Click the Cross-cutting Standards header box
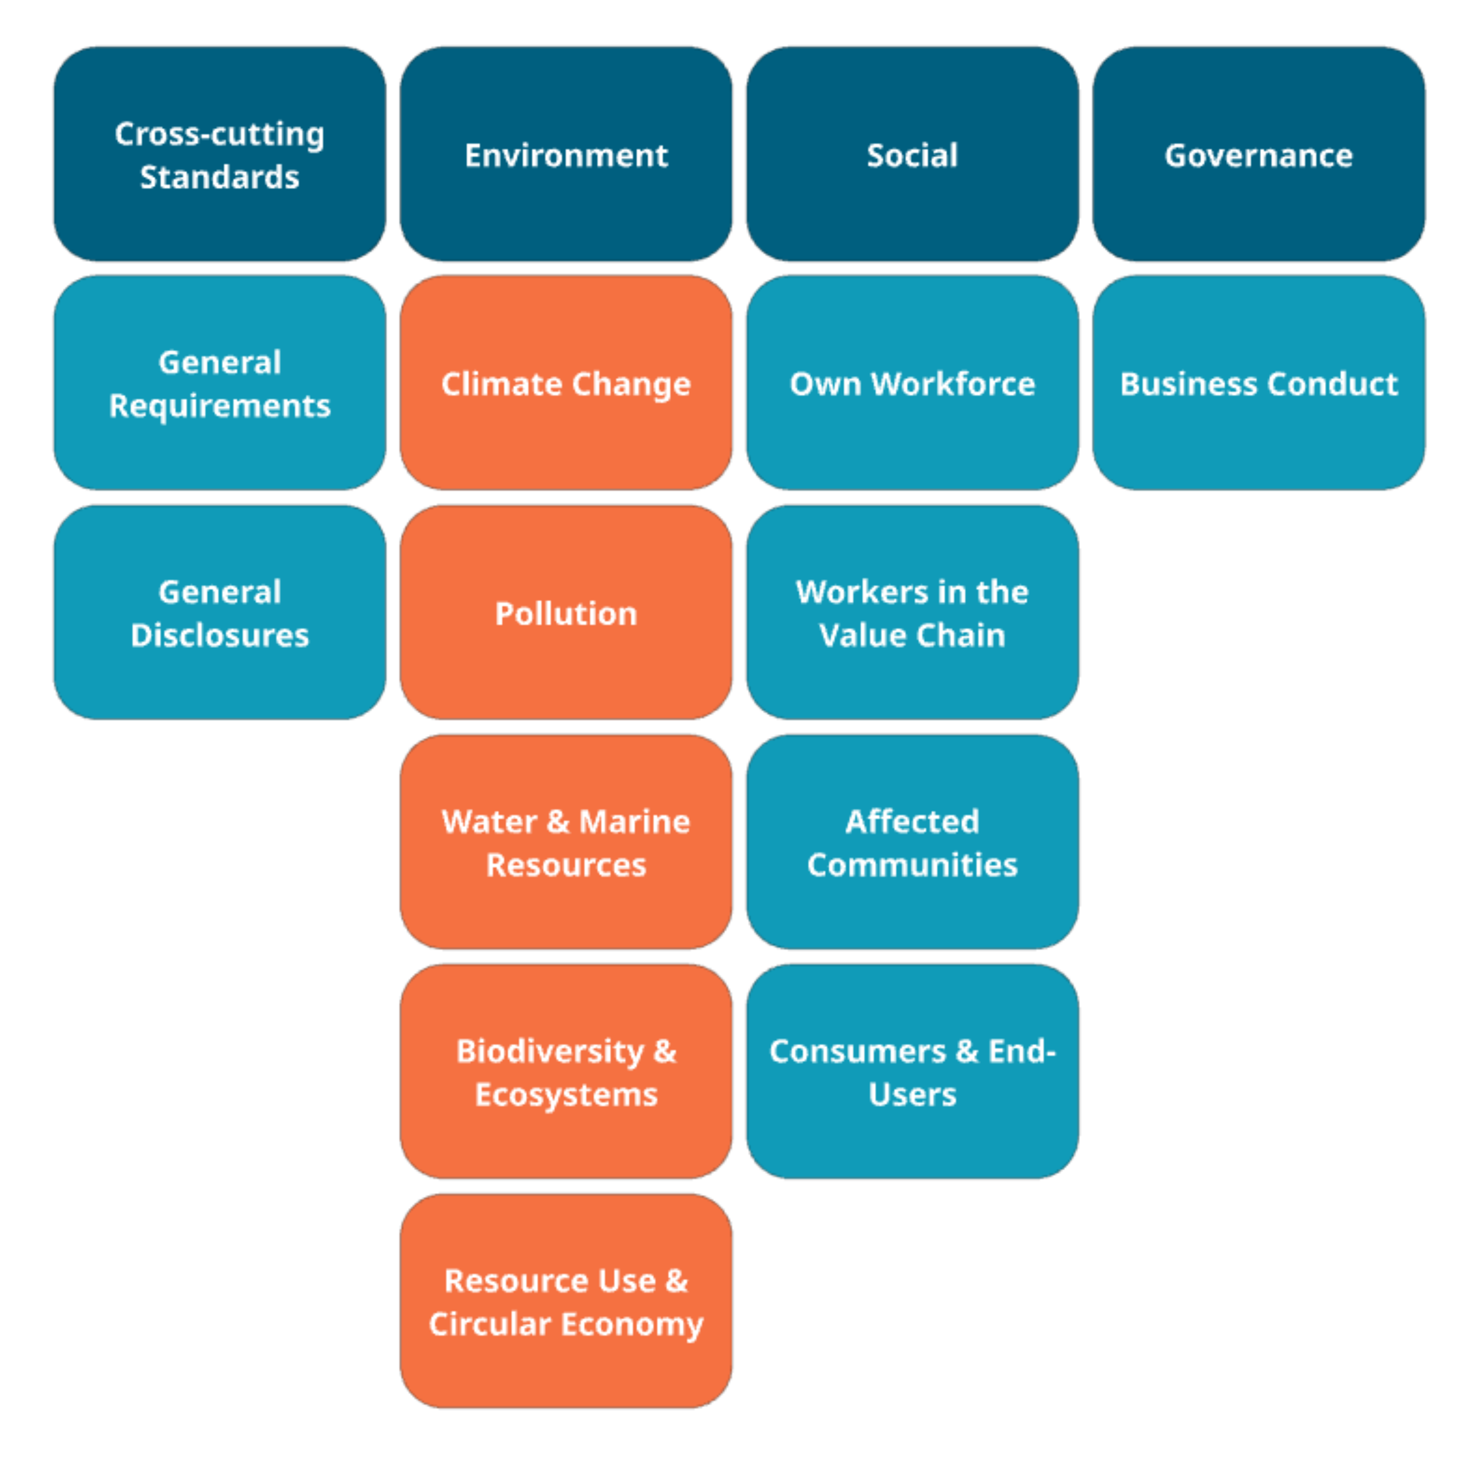(x=219, y=155)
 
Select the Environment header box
(x=566, y=155)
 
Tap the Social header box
(x=912, y=155)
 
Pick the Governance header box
(x=1258, y=155)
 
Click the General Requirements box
(x=219, y=383)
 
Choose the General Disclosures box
(x=219, y=613)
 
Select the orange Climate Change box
(x=566, y=383)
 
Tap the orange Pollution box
(x=566, y=613)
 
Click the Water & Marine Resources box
(x=566, y=842)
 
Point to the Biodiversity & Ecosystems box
(x=566, y=1071)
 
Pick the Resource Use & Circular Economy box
(x=566, y=1301)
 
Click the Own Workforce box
(x=912, y=383)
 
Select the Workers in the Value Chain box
(x=912, y=613)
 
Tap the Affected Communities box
(x=912, y=842)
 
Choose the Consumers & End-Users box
(x=912, y=1071)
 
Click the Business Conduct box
(x=1258, y=383)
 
